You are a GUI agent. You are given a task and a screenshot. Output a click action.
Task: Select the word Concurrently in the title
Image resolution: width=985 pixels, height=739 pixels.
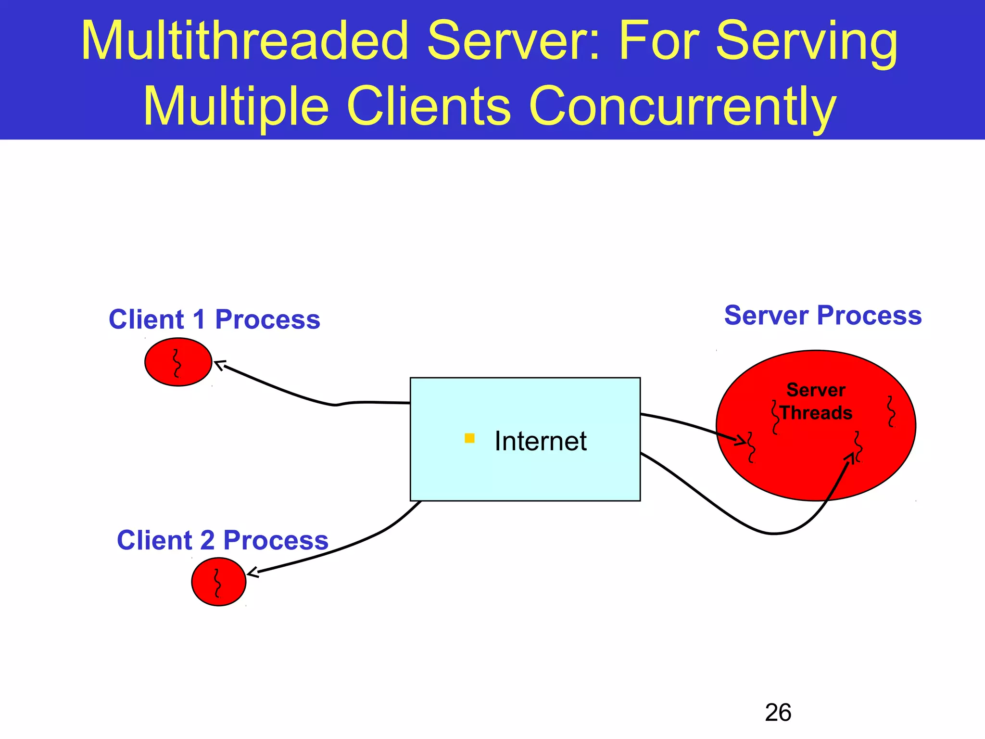(682, 106)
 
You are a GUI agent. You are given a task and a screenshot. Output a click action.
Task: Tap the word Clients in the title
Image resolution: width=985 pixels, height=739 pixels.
(428, 106)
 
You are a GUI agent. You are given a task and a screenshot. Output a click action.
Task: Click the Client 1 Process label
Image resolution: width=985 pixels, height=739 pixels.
(215, 319)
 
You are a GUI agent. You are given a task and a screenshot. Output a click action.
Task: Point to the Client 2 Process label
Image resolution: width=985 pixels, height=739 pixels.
(223, 540)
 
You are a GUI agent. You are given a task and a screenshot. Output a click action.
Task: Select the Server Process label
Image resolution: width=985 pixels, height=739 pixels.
(823, 316)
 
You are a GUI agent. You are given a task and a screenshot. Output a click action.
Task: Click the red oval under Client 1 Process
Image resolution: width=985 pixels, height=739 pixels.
(178, 362)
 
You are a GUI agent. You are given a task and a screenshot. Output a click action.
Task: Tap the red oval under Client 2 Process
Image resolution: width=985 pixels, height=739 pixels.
(219, 582)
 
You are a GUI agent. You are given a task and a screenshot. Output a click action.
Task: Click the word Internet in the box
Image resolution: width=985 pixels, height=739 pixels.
(541, 441)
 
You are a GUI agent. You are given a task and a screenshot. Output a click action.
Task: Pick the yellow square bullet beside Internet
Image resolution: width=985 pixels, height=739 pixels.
(470, 438)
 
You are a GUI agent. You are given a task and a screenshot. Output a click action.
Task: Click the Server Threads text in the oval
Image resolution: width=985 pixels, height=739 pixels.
(816, 401)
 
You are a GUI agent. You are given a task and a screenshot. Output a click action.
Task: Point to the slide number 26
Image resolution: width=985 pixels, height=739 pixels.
(778, 713)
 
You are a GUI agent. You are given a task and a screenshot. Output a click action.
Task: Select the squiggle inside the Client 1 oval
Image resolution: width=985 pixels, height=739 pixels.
(177, 363)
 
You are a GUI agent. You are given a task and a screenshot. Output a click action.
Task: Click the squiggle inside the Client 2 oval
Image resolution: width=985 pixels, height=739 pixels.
(217, 583)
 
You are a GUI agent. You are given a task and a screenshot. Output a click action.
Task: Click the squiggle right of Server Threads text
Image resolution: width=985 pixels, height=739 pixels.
(891, 411)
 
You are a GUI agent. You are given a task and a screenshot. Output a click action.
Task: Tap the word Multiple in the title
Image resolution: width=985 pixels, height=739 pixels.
(236, 106)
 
